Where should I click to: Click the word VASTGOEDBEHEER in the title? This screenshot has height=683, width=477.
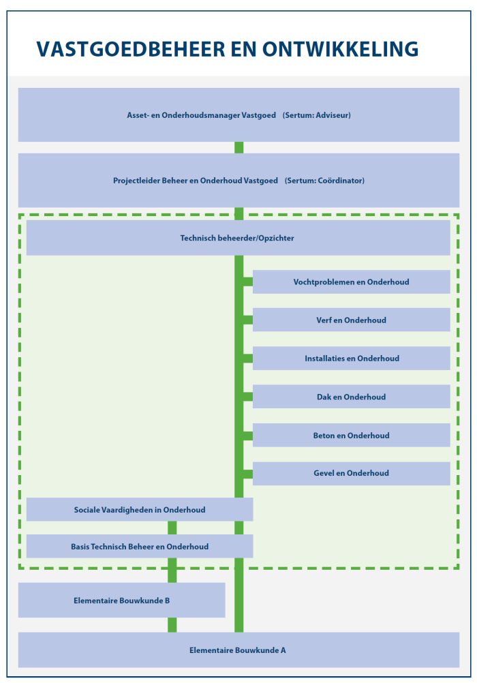(x=131, y=49)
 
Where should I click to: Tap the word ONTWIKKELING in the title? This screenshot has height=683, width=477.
(x=340, y=49)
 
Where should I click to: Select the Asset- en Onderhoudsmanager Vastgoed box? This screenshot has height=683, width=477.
(x=238, y=115)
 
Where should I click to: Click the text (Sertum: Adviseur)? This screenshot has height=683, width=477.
(x=317, y=115)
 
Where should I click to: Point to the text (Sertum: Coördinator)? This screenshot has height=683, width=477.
(x=324, y=181)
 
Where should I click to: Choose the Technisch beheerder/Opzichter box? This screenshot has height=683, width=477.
(x=238, y=238)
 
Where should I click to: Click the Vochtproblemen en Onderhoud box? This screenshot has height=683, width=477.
(x=352, y=282)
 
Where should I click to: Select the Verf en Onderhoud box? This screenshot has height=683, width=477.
(x=352, y=320)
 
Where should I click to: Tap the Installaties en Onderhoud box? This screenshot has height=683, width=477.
(x=352, y=359)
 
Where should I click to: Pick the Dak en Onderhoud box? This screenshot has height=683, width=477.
(x=352, y=397)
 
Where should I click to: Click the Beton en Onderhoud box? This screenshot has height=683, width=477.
(x=352, y=435)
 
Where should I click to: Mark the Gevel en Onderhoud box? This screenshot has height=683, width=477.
(x=352, y=474)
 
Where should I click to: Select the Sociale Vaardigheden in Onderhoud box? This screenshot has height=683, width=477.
(x=140, y=510)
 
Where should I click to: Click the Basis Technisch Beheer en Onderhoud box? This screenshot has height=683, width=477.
(x=140, y=546)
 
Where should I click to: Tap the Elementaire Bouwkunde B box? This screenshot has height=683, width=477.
(x=121, y=601)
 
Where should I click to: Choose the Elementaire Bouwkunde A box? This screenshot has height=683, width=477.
(x=238, y=650)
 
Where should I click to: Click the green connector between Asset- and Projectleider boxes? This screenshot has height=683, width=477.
(x=238, y=148)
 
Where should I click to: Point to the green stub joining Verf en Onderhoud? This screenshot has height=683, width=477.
(x=248, y=320)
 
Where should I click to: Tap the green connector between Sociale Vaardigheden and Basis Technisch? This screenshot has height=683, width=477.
(x=172, y=528)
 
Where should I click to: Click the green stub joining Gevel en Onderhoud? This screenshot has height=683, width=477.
(x=248, y=474)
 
